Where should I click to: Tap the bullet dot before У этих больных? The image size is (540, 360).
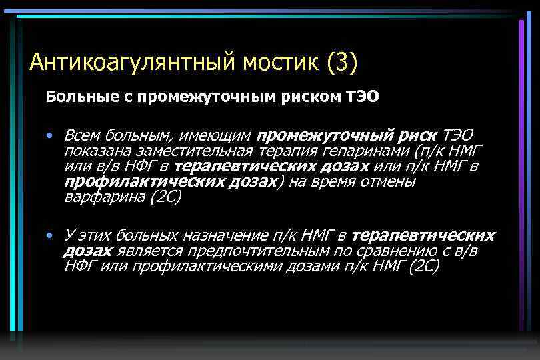click(51, 235)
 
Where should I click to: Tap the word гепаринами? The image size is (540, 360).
click(362, 150)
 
